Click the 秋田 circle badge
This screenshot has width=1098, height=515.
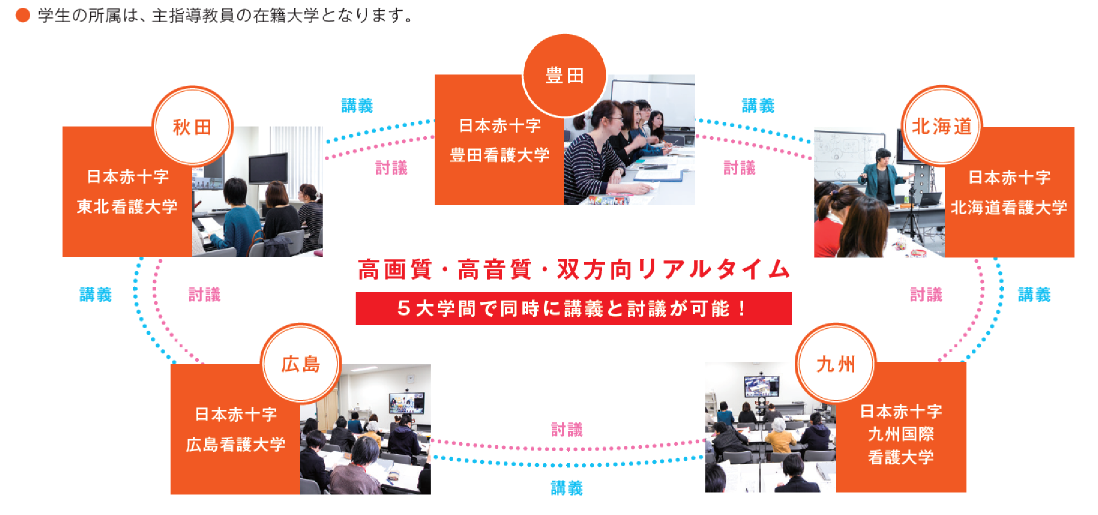(193, 126)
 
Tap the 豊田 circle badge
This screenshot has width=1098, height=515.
(564, 75)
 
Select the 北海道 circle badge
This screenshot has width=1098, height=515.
(942, 125)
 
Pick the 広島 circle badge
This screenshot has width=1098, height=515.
(301, 363)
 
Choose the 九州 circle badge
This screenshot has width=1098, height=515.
(836, 363)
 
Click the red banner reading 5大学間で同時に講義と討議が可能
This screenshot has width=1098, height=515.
(573, 308)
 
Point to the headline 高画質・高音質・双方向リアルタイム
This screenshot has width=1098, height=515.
(573, 269)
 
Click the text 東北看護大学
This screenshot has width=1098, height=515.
(127, 206)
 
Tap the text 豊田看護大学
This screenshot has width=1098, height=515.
(500, 155)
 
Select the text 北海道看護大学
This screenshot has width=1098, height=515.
(1009, 207)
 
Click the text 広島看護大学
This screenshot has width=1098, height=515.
(236, 444)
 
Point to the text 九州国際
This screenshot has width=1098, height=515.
(901, 434)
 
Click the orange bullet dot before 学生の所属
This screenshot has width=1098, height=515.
(23, 15)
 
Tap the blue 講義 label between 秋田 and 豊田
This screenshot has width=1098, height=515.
(357, 105)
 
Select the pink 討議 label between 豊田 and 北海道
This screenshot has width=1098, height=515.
(740, 167)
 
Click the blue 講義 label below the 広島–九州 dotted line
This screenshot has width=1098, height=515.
(567, 488)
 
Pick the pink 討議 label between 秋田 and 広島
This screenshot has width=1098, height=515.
(205, 294)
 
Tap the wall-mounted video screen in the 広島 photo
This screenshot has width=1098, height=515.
(407, 403)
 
